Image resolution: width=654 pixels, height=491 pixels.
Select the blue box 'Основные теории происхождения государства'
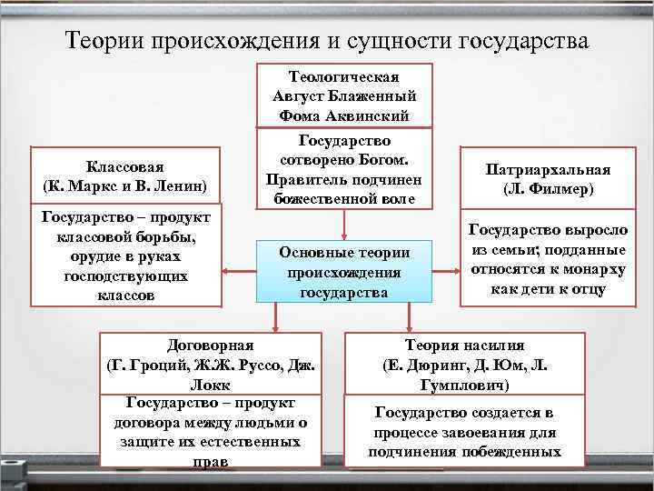344,272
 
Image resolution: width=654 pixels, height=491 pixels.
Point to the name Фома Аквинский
344,115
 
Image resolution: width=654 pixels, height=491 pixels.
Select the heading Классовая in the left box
125,167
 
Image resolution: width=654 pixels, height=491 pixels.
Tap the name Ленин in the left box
180,187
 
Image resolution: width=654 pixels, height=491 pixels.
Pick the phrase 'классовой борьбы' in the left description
126,237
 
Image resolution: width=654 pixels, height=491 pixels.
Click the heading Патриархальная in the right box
548,170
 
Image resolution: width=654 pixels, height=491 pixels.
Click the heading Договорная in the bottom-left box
211,345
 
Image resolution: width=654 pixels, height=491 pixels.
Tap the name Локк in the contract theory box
211,385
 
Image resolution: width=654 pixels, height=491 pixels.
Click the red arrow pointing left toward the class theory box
238,270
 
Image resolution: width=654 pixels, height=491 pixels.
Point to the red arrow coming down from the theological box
344,225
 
